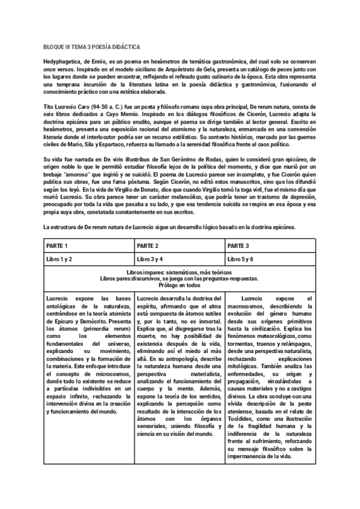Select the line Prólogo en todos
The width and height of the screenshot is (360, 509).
pyautogui.click(x=179, y=286)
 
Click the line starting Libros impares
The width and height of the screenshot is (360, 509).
pyautogui.click(x=179, y=271)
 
